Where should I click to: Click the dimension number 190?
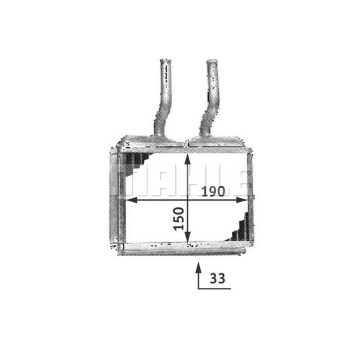pyautogui.click(x=213, y=191)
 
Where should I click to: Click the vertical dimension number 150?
pyautogui.click(x=179, y=219)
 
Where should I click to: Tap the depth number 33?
pyautogui.click(x=217, y=279)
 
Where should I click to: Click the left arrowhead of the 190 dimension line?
pyautogui.click(x=132, y=200)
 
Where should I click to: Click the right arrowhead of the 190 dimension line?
pyautogui.click(x=242, y=200)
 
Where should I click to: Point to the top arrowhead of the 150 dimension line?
pyautogui.click(x=187, y=159)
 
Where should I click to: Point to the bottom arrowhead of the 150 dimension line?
pyautogui.click(x=187, y=237)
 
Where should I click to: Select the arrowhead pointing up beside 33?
pyautogui.click(x=199, y=268)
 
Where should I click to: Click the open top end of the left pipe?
pyautogui.click(x=165, y=61)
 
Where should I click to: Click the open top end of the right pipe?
pyautogui.click(x=212, y=61)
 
